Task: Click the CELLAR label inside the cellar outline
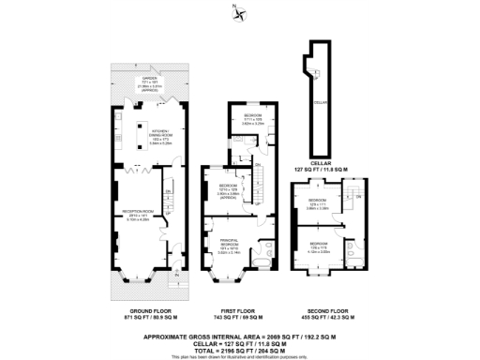[318, 102]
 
